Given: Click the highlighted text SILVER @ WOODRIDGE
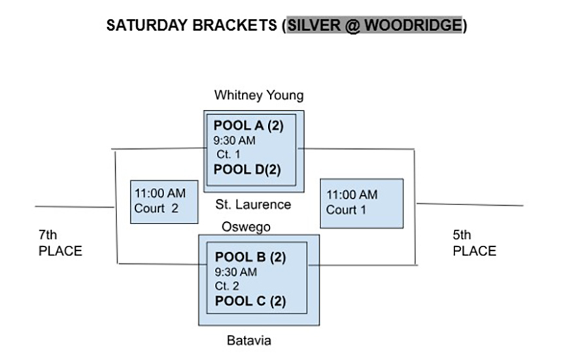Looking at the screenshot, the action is [x=375, y=25].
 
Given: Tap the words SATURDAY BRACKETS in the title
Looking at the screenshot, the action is [x=192, y=25].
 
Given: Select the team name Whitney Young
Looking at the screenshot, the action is [x=259, y=95].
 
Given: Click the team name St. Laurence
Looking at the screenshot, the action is [x=253, y=205].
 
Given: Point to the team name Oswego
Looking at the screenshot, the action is [x=246, y=227].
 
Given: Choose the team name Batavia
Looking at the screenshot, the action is [x=248, y=340].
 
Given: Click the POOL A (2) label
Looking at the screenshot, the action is [x=248, y=125].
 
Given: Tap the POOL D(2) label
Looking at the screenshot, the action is [x=247, y=169].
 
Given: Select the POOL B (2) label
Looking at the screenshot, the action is [x=250, y=257].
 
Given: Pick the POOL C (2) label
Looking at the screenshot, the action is [x=250, y=301].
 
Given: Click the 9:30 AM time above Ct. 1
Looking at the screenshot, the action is [x=234, y=140].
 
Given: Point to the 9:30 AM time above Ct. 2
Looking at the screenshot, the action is [x=235, y=272].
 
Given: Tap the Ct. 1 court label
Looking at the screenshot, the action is [x=228, y=154].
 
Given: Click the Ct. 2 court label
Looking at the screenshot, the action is [x=227, y=286].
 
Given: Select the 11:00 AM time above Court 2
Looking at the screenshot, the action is [x=160, y=193].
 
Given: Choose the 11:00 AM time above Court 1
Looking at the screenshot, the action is [x=352, y=195].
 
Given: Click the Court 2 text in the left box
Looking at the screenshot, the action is [x=156, y=208].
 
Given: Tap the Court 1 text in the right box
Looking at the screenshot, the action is [x=346, y=210].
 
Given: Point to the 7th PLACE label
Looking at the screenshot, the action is [x=60, y=242].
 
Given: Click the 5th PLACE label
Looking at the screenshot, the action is [x=474, y=242].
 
